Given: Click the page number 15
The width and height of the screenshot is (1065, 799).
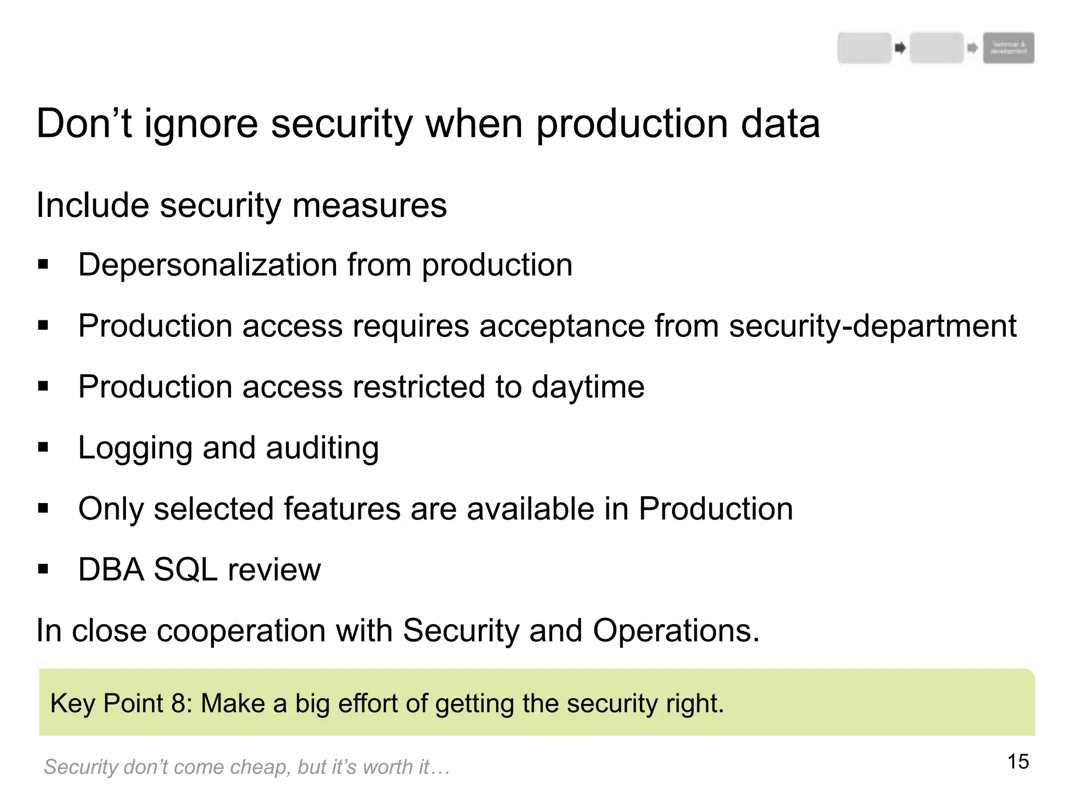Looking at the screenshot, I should coord(1018,762).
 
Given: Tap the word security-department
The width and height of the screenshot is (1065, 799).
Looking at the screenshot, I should coord(872,326).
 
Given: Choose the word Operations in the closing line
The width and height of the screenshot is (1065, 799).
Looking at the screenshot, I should coord(676,630).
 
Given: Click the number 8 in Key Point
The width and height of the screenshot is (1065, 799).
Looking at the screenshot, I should coord(178,703).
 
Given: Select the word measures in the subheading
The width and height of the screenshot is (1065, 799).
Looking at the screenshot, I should coord(369,205).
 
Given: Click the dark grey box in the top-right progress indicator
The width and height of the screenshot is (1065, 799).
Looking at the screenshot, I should coord(1008,48).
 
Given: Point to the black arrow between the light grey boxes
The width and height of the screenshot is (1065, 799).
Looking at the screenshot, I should coord(900,48).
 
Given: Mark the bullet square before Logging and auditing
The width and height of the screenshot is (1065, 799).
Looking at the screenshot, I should coord(43,447).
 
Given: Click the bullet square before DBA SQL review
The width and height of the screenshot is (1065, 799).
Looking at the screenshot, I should coord(43,569).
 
